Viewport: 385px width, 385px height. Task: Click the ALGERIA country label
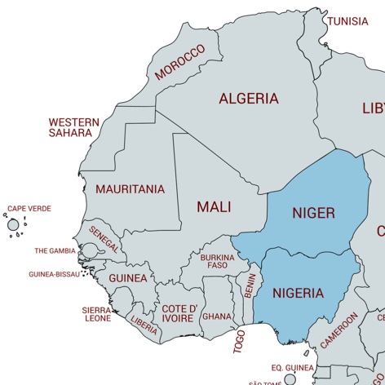pos(248,99)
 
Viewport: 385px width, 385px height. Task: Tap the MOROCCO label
pos(179,62)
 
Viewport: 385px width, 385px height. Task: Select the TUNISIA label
pos(347,21)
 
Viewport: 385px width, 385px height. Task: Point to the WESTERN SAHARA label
pos(73,127)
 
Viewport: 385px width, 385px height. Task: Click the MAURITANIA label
pos(130,189)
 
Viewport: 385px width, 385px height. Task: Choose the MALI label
pos(213,207)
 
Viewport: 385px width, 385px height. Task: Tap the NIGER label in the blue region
pos(313,213)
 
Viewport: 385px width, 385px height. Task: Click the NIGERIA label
pos(298,293)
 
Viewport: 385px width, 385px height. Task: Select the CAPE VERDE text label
pos(29,209)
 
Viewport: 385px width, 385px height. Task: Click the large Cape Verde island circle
pos(13,224)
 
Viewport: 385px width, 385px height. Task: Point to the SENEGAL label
pos(105,239)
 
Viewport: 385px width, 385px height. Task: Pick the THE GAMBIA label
pos(55,251)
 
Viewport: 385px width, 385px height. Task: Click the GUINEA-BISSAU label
pos(55,275)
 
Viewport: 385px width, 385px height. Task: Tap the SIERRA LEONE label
pos(98,314)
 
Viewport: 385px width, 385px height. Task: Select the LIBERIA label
pos(144,325)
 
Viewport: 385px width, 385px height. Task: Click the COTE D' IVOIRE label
pos(179,313)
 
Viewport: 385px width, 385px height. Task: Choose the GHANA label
pos(217,316)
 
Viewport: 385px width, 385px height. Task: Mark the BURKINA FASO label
pos(217,262)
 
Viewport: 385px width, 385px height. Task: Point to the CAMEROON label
pos(339,331)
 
